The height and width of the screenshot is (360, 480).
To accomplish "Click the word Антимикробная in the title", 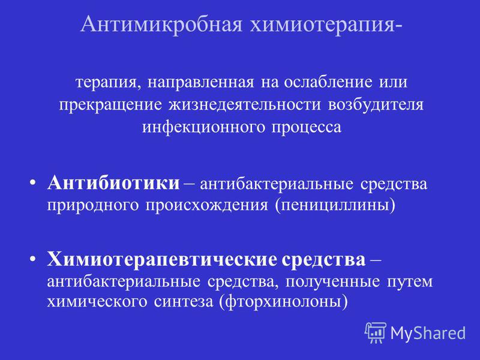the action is click(161, 24).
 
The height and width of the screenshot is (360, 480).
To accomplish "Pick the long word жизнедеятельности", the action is click(245, 105).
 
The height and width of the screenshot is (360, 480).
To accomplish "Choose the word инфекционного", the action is click(203, 127).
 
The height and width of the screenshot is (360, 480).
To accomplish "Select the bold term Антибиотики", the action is click(113, 184).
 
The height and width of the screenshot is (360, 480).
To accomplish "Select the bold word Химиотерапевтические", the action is click(161, 260).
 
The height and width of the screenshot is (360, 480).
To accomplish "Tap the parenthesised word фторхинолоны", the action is click(283, 302).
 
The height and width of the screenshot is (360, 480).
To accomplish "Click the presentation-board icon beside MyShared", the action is click(376, 332).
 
